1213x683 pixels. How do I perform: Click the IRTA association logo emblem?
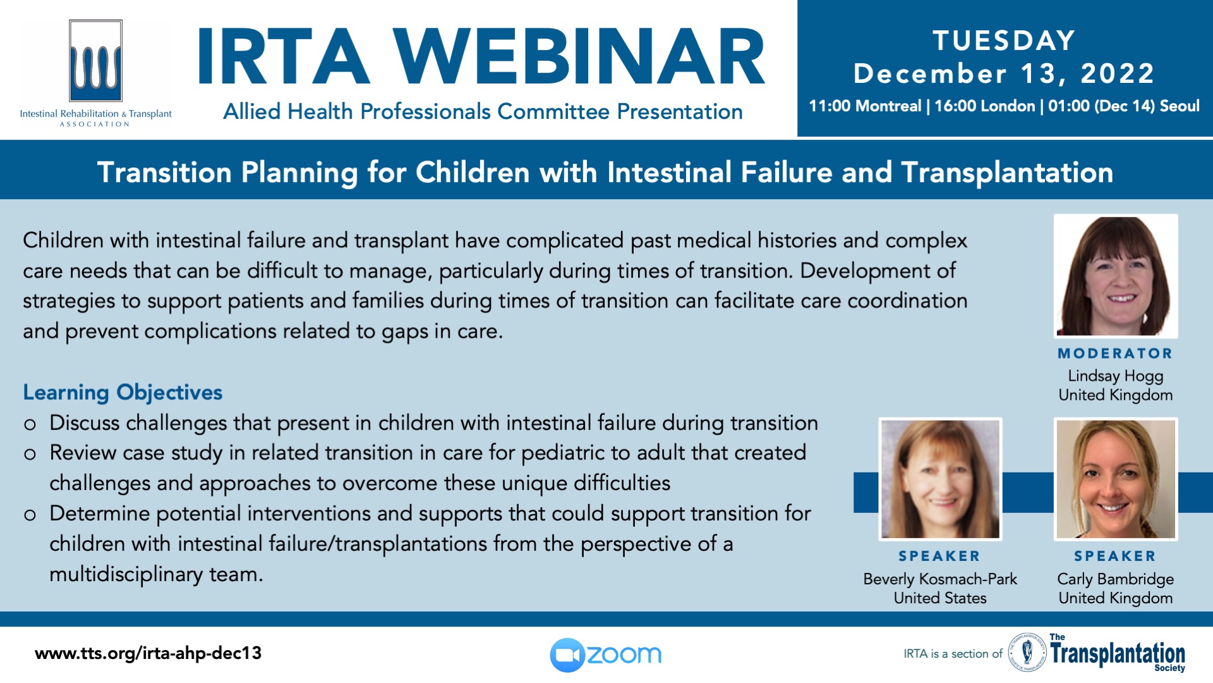[x=95, y=61]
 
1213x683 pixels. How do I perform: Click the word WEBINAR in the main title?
[x=579, y=58]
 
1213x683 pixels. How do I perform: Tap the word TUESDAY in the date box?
[x=1004, y=40]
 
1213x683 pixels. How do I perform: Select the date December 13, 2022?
[x=1004, y=73]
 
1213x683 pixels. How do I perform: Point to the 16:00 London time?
[x=984, y=106]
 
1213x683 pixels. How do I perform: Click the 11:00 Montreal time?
[x=865, y=106]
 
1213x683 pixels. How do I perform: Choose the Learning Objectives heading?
[x=123, y=393]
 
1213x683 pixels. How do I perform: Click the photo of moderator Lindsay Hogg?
[x=1116, y=276]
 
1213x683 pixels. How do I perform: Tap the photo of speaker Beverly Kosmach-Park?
[x=940, y=479]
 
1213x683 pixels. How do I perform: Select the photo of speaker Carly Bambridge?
[x=1116, y=479]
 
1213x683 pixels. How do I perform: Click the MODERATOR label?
[x=1115, y=354]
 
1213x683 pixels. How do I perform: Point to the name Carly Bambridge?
[x=1115, y=579]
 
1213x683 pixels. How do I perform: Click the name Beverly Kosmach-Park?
[x=940, y=579]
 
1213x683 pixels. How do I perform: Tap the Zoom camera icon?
[x=567, y=655]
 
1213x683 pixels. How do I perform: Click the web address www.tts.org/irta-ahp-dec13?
[x=148, y=653]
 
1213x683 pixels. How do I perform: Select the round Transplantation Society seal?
[x=1027, y=652]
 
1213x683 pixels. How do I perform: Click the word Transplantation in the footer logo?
[x=1118, y=653]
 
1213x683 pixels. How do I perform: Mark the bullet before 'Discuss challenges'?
[x=30, y=424]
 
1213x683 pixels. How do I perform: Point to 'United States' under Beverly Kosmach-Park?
[x=940, y=598]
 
